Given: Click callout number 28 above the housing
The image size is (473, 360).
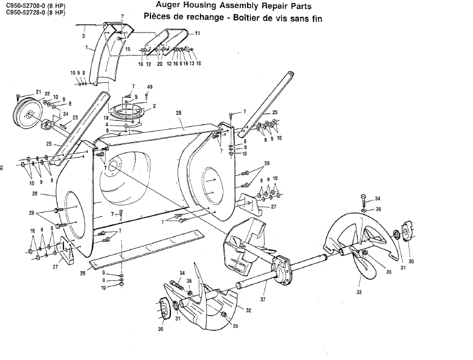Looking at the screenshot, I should click(178, 113).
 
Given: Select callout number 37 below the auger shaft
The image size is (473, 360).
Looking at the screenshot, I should click(262, 298).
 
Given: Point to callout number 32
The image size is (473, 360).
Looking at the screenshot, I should click(248, 310).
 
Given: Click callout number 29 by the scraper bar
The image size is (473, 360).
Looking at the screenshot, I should click(82, 274).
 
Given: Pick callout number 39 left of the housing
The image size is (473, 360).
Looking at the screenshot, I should click(35, 193).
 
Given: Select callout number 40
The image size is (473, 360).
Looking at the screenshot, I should click(149, 88).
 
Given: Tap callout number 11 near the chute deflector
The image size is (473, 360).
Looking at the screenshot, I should click(197, 33).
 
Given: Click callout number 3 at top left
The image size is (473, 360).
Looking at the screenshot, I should click(83, 36).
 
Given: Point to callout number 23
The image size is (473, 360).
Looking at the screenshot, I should click(76, 118).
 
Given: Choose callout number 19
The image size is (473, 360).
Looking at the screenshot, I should click(122, 118).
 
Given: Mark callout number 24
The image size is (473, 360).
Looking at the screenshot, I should click(65, 113).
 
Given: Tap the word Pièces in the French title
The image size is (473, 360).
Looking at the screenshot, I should click(159, 18).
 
